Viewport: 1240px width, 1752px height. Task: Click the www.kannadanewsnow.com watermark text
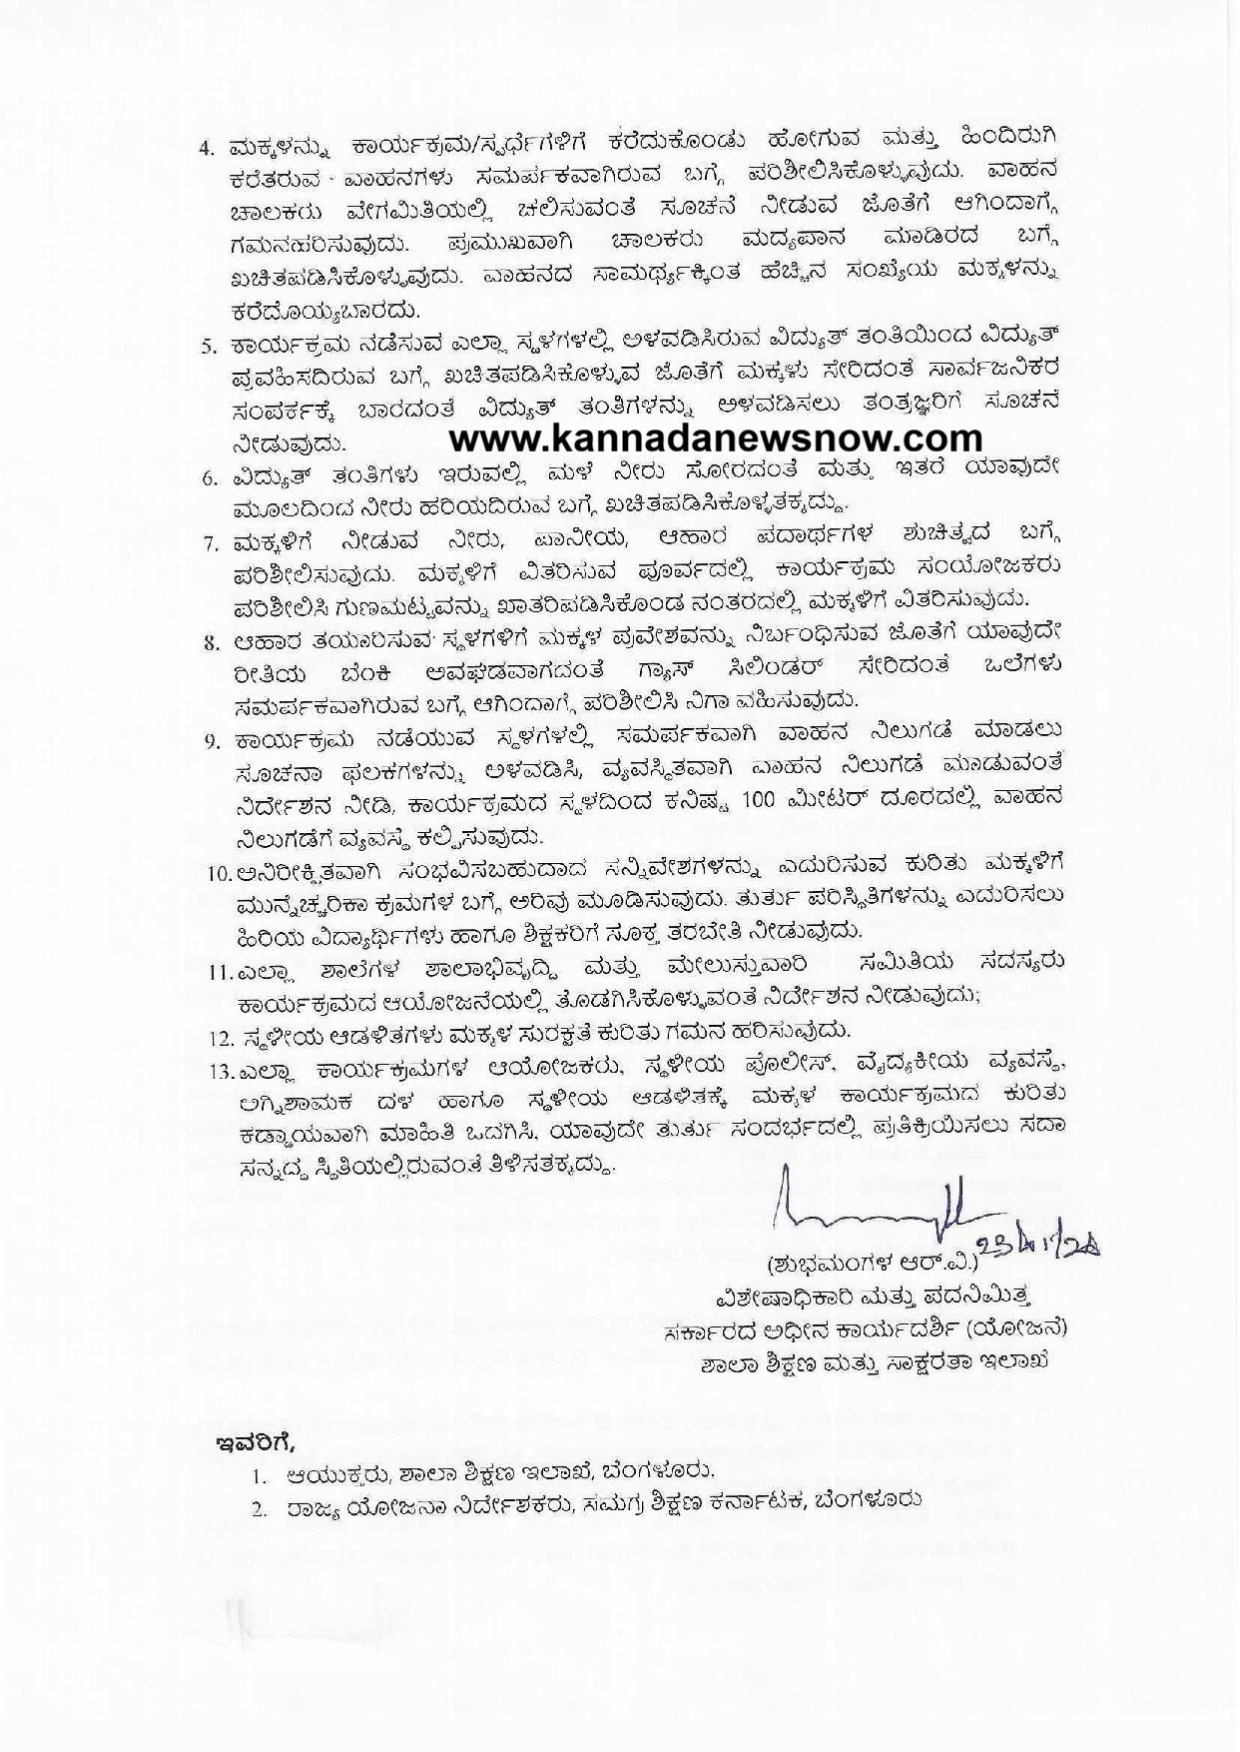716,438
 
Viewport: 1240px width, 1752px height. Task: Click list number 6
210,477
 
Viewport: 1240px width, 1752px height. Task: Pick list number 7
210,544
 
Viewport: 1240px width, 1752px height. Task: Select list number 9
210,741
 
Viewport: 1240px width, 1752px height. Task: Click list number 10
219,874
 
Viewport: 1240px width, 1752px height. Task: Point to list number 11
219,971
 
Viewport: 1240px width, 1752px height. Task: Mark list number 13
219,1073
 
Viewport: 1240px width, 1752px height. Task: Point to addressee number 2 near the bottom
259,1511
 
